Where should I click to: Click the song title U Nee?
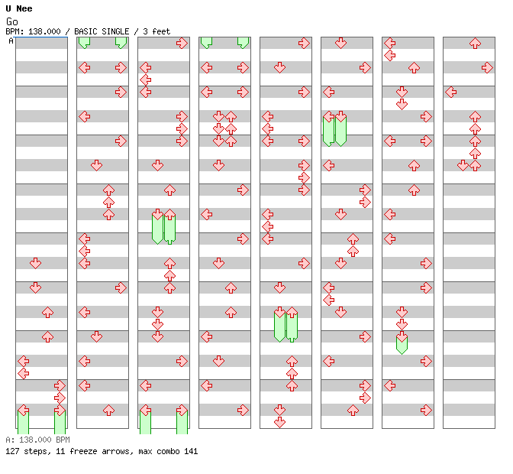tap(19, 8)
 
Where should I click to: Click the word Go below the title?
tap(11, 21)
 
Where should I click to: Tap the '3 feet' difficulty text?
tap(156, 31)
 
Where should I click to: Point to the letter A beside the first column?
tap(11, 41)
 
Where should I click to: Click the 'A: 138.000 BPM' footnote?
tap(37, 440)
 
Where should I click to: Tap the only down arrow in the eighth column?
tap(463, 165)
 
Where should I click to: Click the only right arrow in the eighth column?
tap(487, 68)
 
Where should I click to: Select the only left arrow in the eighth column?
tap(451, 92)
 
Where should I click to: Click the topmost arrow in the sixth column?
tap(341, 44)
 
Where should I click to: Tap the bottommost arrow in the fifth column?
tap(279, 422)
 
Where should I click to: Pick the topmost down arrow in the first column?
tap(35, 263)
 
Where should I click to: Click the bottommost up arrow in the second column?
tap(108, 410)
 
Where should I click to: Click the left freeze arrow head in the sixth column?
tap(329, 117)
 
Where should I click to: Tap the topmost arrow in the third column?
tap(182, 44)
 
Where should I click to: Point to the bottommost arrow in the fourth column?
tap(243, 410)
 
